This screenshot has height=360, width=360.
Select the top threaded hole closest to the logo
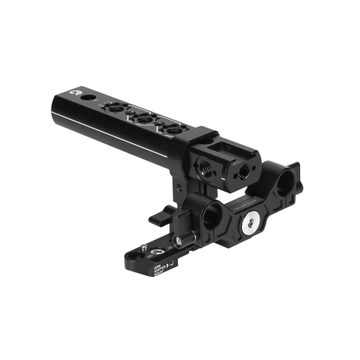[x=120, y=111]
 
